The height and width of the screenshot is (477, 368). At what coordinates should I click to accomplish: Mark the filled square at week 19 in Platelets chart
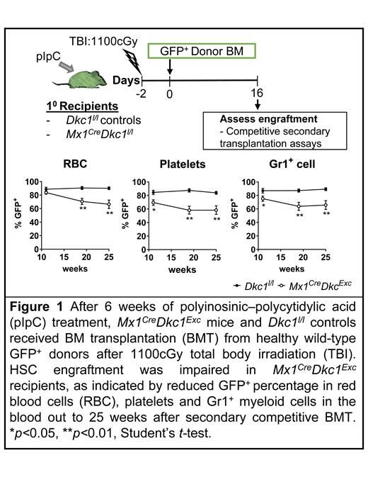(x=189, y=190)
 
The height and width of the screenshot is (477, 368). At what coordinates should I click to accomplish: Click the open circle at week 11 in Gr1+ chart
(x=263, y=198)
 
